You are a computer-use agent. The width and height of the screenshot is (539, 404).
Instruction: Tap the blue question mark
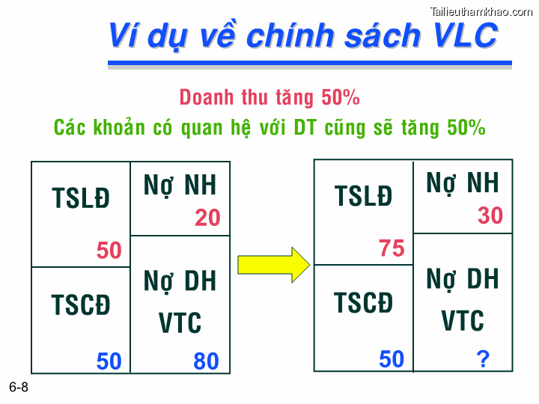[x=483, y=360]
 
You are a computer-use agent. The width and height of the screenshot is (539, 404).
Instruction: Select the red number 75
[x=392, y=248]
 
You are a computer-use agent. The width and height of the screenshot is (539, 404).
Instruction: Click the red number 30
[x=490, y=215]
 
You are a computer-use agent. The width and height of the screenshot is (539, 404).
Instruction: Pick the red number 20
[x=207, y=218]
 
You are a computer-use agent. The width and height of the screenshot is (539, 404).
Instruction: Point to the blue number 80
[x=206, y=361]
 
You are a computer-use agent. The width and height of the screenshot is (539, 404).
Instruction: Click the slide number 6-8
[x=19, y=388]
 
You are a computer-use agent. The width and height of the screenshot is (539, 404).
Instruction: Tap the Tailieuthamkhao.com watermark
[x=482, y=10]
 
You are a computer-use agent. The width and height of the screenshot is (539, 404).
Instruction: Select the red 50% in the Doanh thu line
[x=341, y=97]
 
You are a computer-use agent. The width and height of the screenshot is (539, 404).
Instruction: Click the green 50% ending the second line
[x=466, y=127]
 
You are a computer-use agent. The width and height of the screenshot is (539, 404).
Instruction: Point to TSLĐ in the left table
[x=81, y=198]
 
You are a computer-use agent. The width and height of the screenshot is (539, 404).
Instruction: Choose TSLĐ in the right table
[x=363, y=196]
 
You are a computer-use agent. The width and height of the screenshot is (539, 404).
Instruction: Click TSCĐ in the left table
[x=81, y=305]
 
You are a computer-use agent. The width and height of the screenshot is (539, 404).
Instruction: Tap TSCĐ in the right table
[x=363, y=303]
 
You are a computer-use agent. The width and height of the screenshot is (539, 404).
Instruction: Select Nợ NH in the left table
[x=180, y=186]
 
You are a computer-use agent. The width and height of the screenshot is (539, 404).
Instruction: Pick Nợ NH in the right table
[x=463, y=183]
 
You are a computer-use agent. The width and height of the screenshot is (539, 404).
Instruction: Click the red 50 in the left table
[x=109, y=251]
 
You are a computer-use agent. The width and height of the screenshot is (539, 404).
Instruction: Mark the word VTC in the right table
[x=463, y=321]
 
